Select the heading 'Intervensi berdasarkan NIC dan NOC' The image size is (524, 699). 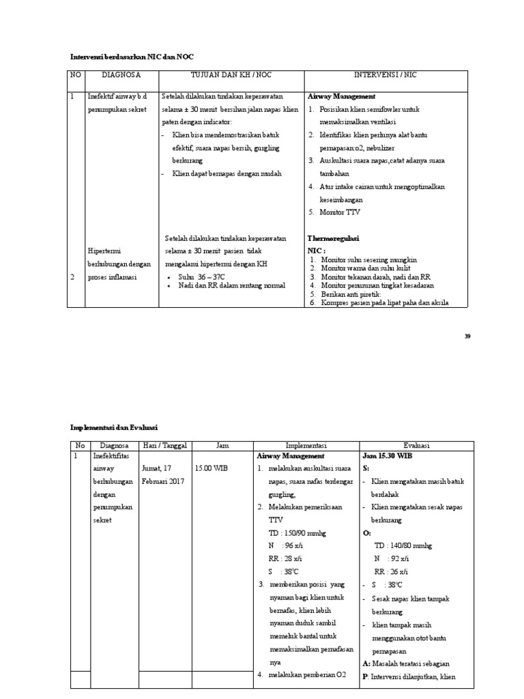(136, 57)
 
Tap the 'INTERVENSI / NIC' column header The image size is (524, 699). (385, 74)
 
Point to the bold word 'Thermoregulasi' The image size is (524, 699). (333, 238)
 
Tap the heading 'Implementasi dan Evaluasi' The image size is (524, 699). (114, 427)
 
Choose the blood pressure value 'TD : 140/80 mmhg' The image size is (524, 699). (403, 545)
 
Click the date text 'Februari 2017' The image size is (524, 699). (164, 481)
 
